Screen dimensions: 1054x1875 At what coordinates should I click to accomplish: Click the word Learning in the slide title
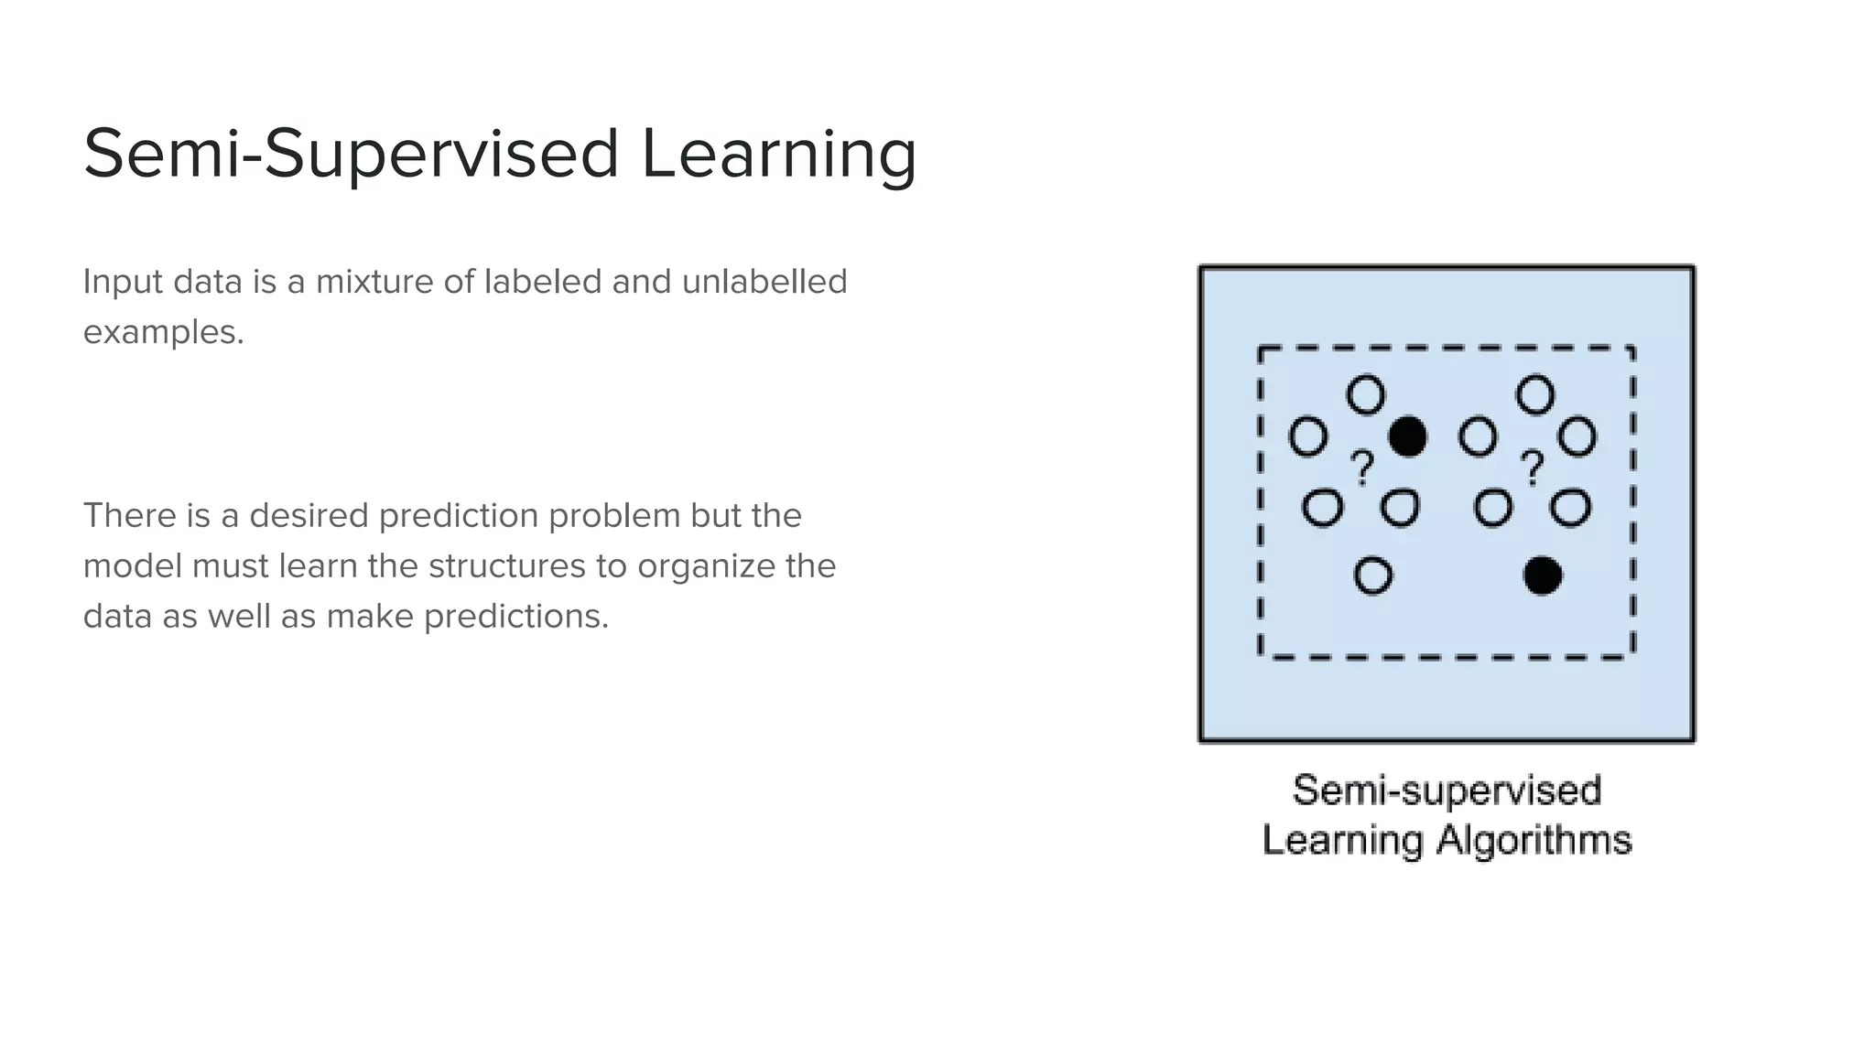point(778,154)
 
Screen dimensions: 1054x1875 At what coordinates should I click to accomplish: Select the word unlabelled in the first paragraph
point(764,282)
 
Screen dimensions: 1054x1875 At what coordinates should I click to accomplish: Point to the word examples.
point(163,332)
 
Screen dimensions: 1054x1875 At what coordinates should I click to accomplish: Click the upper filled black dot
point(1407,436)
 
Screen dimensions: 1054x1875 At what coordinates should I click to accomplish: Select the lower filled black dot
point(1542,575)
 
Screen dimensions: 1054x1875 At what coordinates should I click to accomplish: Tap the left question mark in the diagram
point(1363,468)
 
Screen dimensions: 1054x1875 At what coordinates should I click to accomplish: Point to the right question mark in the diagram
point(1532,468)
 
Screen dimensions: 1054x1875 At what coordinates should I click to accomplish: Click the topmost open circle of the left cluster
point(1366,395)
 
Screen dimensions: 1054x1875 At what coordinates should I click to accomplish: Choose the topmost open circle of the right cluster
point(1535,395)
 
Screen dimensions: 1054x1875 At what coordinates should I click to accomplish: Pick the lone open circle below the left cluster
point(1372,575)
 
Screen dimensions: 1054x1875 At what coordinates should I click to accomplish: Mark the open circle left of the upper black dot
point(1308,436)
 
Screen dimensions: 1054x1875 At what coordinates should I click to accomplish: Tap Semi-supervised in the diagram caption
point(1447,790)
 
